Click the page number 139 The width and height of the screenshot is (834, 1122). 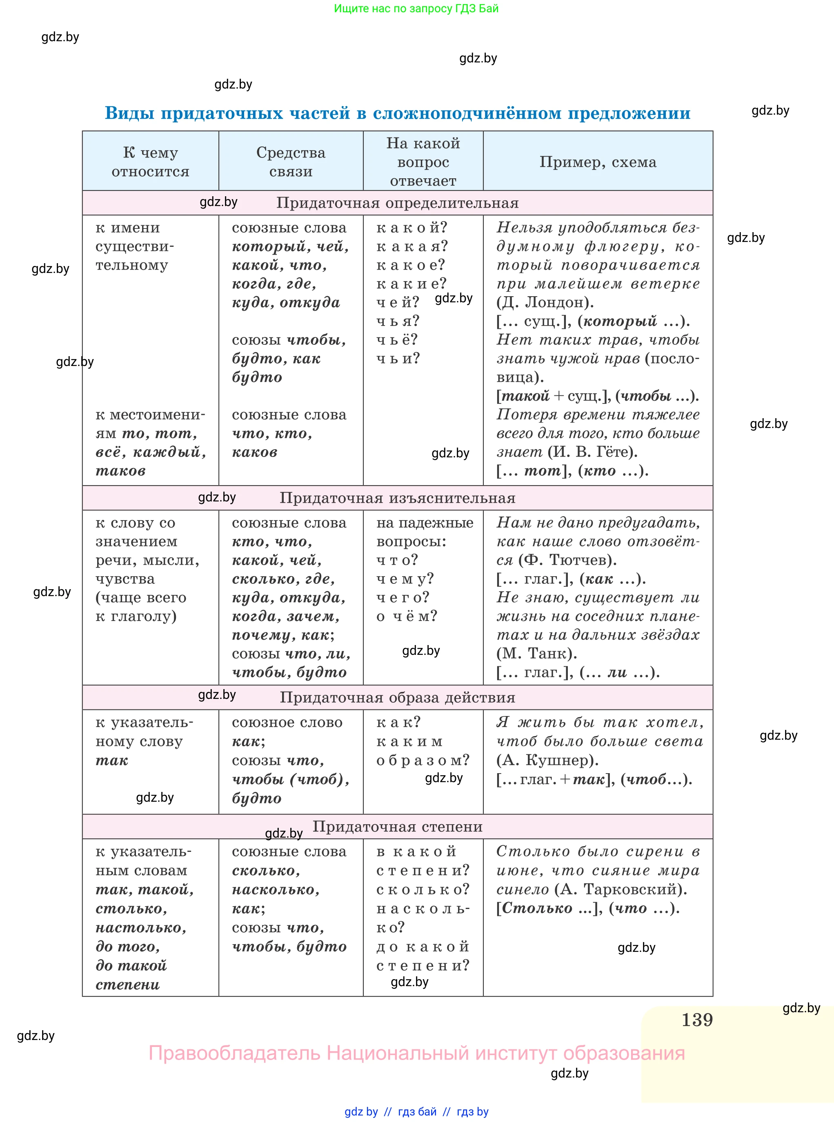tap(697, 1020)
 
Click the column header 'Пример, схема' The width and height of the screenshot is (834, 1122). tap(598, 162)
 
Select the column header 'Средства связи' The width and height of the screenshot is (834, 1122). tap(291, 162)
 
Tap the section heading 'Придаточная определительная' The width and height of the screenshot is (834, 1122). tap(397, 203)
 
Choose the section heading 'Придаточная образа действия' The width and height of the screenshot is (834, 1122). tap(397, 697)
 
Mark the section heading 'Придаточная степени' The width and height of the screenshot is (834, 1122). tap(397, 826)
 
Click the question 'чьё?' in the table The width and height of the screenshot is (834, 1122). tap(397, 339)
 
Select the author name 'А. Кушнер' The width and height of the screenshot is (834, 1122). tap(547, 760)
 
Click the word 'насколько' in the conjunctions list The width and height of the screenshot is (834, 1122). tap(276, 889)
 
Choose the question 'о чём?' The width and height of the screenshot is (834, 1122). tap(407, 616)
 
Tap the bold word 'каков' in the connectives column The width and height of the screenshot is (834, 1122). tap(254, 452)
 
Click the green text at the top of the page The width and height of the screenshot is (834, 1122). tap(416, 9)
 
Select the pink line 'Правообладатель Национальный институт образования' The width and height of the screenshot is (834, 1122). tap(416, 1053)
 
